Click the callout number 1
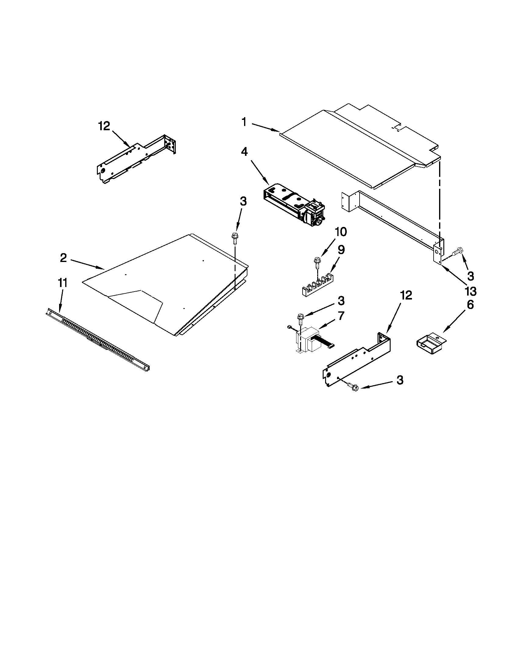point(244,122)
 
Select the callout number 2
point(63,258)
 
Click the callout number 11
point(62,283)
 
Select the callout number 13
point(471,291)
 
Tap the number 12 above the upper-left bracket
point(104,126)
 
